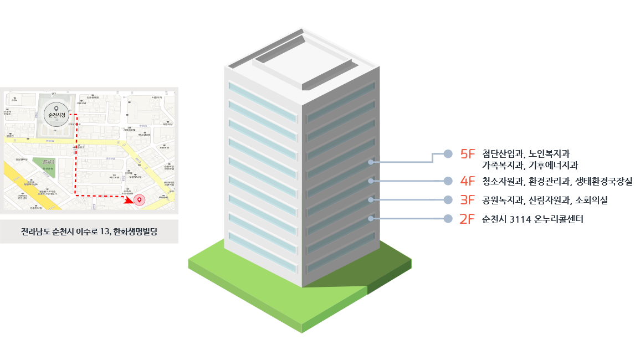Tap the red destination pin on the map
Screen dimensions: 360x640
pos(140,200)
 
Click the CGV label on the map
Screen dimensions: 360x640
pos(14,101)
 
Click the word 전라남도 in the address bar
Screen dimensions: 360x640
pos(34,232)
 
